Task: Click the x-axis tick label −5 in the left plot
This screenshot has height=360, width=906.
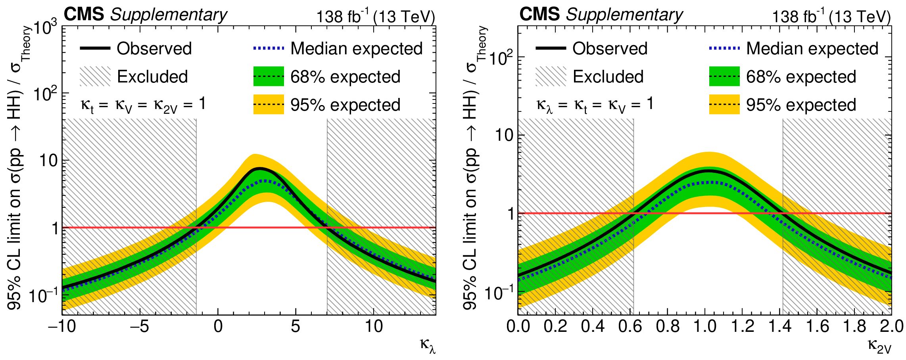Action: (139, 327)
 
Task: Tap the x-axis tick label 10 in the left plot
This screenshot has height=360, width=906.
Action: (373, 327)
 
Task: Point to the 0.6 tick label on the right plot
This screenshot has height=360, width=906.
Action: (630, 327)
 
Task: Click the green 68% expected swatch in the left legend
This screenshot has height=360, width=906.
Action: (269, 77)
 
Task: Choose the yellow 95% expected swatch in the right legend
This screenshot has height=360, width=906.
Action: (724, 105)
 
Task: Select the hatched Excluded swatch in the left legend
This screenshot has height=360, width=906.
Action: (95, 77)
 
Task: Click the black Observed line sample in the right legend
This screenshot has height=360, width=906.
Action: (551, 48)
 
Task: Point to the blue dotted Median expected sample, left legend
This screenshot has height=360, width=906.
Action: (269, 48)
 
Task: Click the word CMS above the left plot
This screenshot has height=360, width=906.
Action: (84, 15)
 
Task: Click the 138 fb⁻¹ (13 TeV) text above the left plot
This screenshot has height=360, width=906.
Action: (375, 16)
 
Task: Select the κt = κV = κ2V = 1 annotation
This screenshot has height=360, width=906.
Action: (143, 105)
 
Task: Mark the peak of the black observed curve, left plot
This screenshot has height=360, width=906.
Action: (259, 169)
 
